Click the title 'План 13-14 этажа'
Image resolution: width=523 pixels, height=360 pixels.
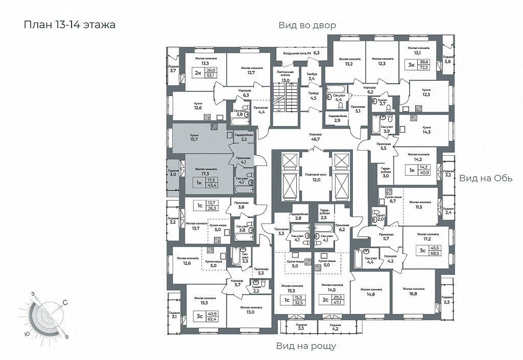(x=69, y=25)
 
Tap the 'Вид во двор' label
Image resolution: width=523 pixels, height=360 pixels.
(x=307, y=26)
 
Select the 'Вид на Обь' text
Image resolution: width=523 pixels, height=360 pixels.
(x=485, y=178)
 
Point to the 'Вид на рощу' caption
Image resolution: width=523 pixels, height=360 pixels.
(x=306, y=346)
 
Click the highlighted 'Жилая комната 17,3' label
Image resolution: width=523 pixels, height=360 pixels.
(x=204, y=171)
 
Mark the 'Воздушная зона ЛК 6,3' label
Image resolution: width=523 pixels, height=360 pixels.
(x=301, y=53)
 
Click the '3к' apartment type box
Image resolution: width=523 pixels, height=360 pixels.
(x=411, y=64)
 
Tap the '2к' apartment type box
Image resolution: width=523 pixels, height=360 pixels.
(x=198, y=73)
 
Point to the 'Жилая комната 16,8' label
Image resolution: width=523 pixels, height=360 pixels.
(x=413, y=291)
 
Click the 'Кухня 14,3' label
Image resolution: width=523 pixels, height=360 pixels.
(x=426, y=129)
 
